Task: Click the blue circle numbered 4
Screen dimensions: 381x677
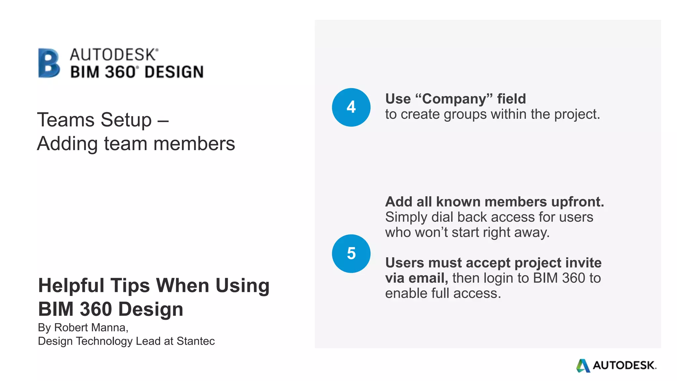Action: (351, 107)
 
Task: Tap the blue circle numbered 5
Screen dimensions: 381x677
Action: (351, 254)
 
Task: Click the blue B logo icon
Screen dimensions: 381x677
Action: (49, 63)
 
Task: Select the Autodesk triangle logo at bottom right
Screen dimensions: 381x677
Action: (583, 365)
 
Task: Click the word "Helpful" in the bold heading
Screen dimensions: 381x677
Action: (71, 285)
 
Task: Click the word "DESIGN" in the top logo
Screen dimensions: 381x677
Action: (174, 72)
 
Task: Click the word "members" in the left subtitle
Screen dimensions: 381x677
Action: (194, 144)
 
